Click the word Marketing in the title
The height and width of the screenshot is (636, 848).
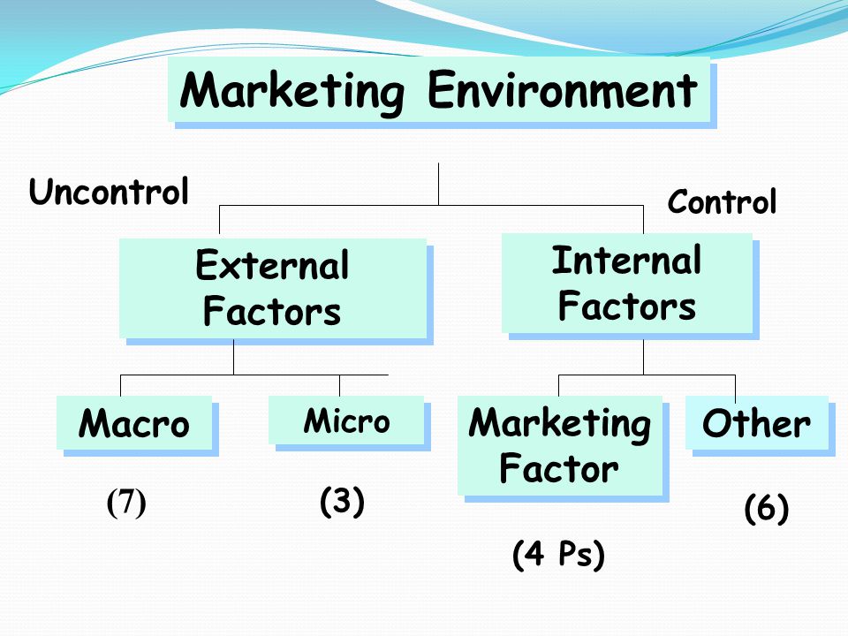point(292,92)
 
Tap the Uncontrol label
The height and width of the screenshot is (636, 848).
point(109,192)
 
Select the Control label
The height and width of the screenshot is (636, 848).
point(722,201)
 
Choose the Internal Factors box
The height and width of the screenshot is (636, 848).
point(627,284)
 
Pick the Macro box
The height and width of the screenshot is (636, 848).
point(134,423)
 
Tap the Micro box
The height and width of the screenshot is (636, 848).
point(346,420)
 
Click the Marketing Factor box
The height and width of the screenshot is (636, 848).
point(560,445)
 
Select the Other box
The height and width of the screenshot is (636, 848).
point(757,423)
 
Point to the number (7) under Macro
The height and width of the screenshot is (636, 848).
point(126,503)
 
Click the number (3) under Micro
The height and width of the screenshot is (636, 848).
point(343,502)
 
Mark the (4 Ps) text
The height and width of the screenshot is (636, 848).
point(558,555)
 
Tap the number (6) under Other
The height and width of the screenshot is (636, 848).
point(767,509)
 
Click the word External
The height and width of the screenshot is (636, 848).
point(273,266)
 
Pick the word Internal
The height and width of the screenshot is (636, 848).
point(627,260)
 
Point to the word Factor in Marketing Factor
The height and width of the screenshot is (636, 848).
point(559,468)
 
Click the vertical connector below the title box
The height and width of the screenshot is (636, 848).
point(438,184)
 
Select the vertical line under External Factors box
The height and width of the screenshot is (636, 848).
point(233,357)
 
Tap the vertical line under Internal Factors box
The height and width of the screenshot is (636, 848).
point(644,357)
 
